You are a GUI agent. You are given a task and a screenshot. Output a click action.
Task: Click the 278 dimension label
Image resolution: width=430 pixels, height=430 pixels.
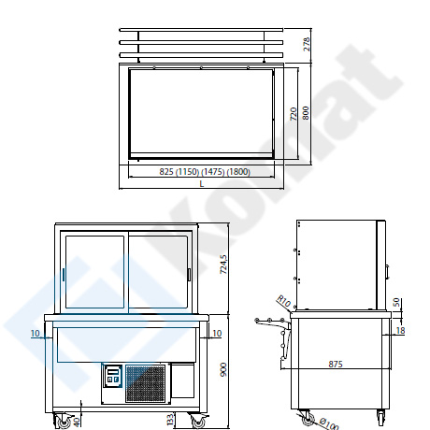pyautogui.click(x=307, y=44)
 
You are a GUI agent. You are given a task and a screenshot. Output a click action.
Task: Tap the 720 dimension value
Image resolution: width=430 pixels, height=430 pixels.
pyautogui.click(x=294, y=114)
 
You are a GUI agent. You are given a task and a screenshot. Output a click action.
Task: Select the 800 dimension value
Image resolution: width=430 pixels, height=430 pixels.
pyautogui.click(x=306, y=113)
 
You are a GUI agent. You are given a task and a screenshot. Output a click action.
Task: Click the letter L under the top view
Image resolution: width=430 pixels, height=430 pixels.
pyautogui.click(x=202, y=184)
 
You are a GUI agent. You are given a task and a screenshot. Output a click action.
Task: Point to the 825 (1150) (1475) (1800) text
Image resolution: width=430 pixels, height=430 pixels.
pyautogui.click(x=205, y=172)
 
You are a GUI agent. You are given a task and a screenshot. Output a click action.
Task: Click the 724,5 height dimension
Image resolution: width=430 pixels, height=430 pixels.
pyautogui.click(x=223, y=265)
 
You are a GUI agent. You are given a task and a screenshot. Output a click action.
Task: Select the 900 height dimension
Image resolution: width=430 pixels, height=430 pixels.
pyautogui.click(x=223, y=369)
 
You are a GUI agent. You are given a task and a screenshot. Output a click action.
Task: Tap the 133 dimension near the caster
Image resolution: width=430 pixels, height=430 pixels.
pyautogui.click(x=170, y=420)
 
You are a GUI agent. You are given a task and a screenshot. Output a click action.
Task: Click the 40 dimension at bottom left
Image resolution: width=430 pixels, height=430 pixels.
pyautogui.click(x=77, y=422)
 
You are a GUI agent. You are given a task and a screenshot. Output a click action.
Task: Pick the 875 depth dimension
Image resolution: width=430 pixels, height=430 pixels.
pyautogui.click(x=336, y=364)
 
